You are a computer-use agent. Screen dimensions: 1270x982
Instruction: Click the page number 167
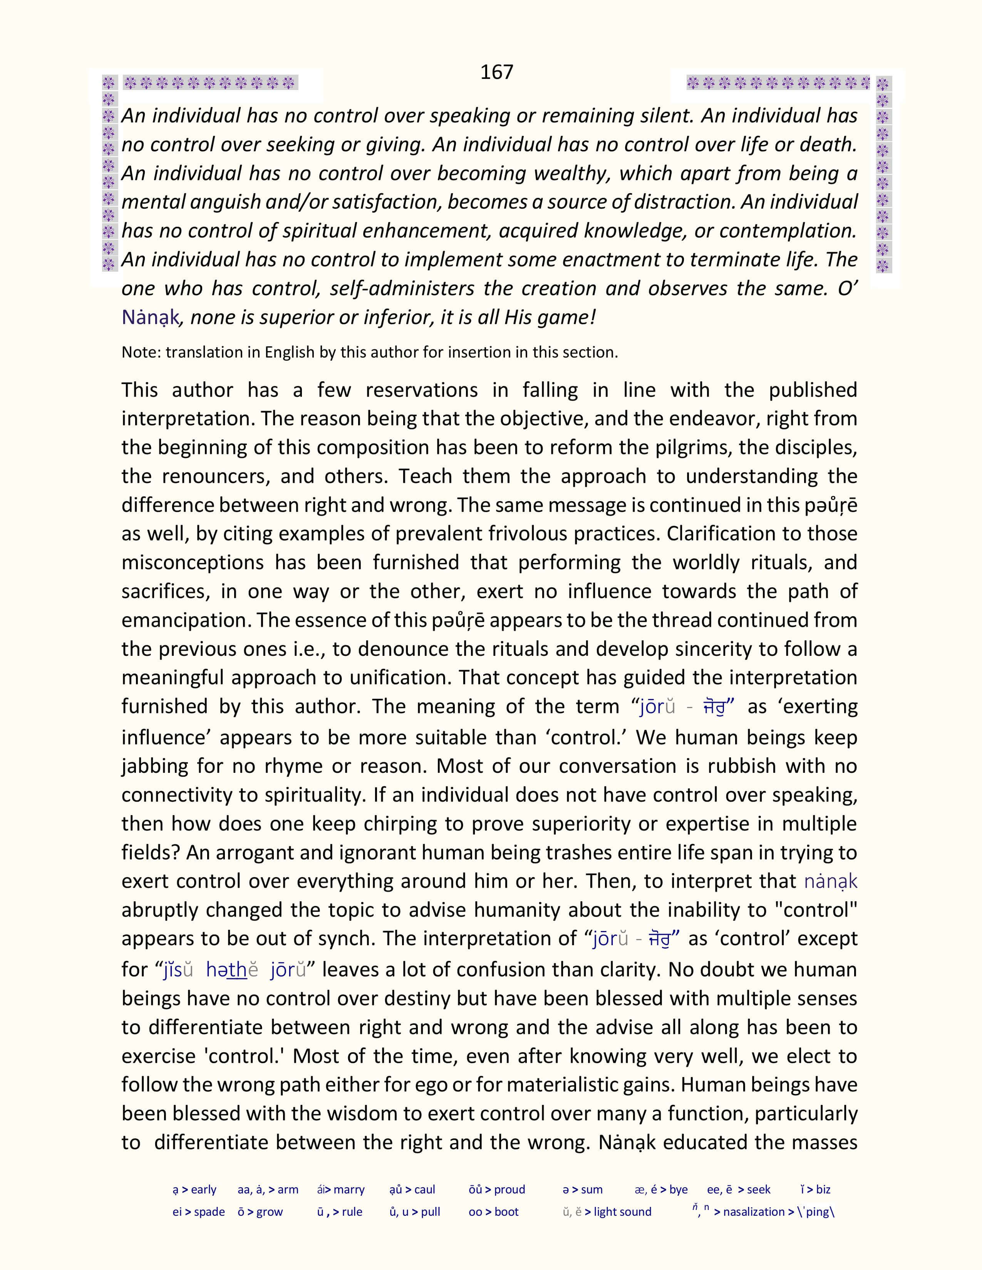496,72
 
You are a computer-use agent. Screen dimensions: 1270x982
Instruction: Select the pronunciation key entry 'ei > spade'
198,1212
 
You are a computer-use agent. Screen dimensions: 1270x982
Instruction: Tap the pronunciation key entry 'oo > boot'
493,1212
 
